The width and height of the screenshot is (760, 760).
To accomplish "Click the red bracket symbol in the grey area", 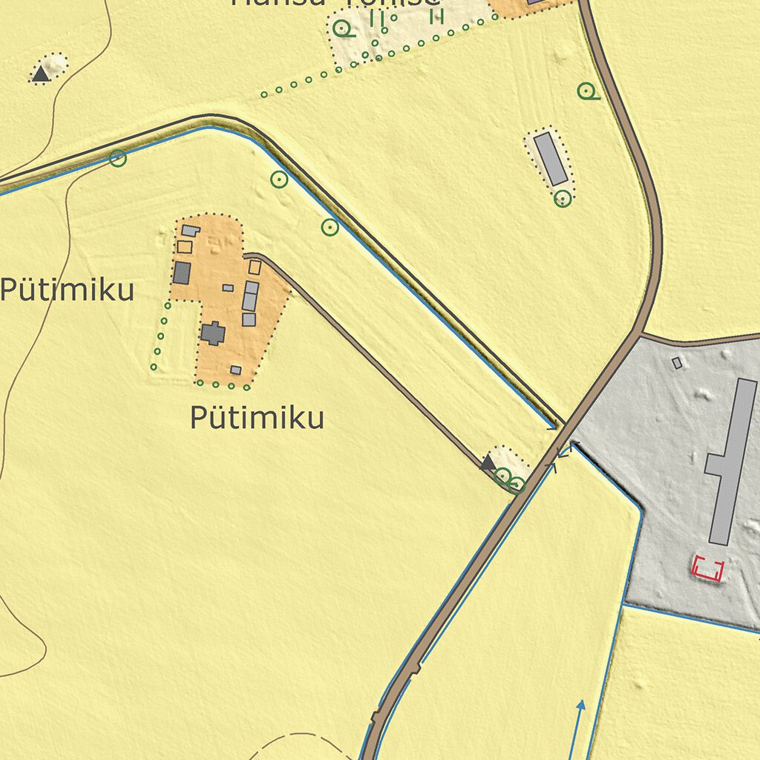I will pyautogui.click(x=707, y=569).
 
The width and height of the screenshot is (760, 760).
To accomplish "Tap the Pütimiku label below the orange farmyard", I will pyautogui.click(x=257, y=418).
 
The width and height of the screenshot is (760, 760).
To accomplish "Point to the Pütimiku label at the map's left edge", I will pyautogui.click(x=67, y=289).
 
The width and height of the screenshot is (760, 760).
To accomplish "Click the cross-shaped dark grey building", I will pyautogui.click(x=213, y=333).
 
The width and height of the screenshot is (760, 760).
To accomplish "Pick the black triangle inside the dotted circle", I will pyautogui.click(x=41, y=73).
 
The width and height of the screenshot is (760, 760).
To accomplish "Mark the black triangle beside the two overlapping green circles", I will pyautogui.click(x=488, y=464).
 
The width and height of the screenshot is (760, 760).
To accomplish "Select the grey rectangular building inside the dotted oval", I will pyautogui.click(x=551, y=158).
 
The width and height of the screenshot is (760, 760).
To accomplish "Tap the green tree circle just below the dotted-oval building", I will pyautogui.click(x=563, y=198).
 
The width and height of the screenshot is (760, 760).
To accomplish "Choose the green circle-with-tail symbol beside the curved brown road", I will pyautogui.click(x=587, y=91).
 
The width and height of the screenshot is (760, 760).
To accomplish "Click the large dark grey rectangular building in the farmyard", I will pyautogui.click(x=182, y=272).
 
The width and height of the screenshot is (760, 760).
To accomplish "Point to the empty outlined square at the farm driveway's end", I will pyautogui.click(x=255, y=267).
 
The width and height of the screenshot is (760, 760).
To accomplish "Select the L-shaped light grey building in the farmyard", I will pyautogui.click(x=190, y=231).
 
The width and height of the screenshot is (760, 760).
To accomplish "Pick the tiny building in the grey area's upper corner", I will pyautogui.click(x=676, y=363).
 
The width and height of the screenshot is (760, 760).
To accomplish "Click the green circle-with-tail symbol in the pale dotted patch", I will pyautogui.click(x=342, y=29).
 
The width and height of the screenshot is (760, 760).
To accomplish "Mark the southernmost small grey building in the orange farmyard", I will pyautogui.click(x=235, y=370).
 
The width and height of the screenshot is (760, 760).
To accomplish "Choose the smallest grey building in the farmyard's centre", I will pyautogui.click(x=228, y=288).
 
